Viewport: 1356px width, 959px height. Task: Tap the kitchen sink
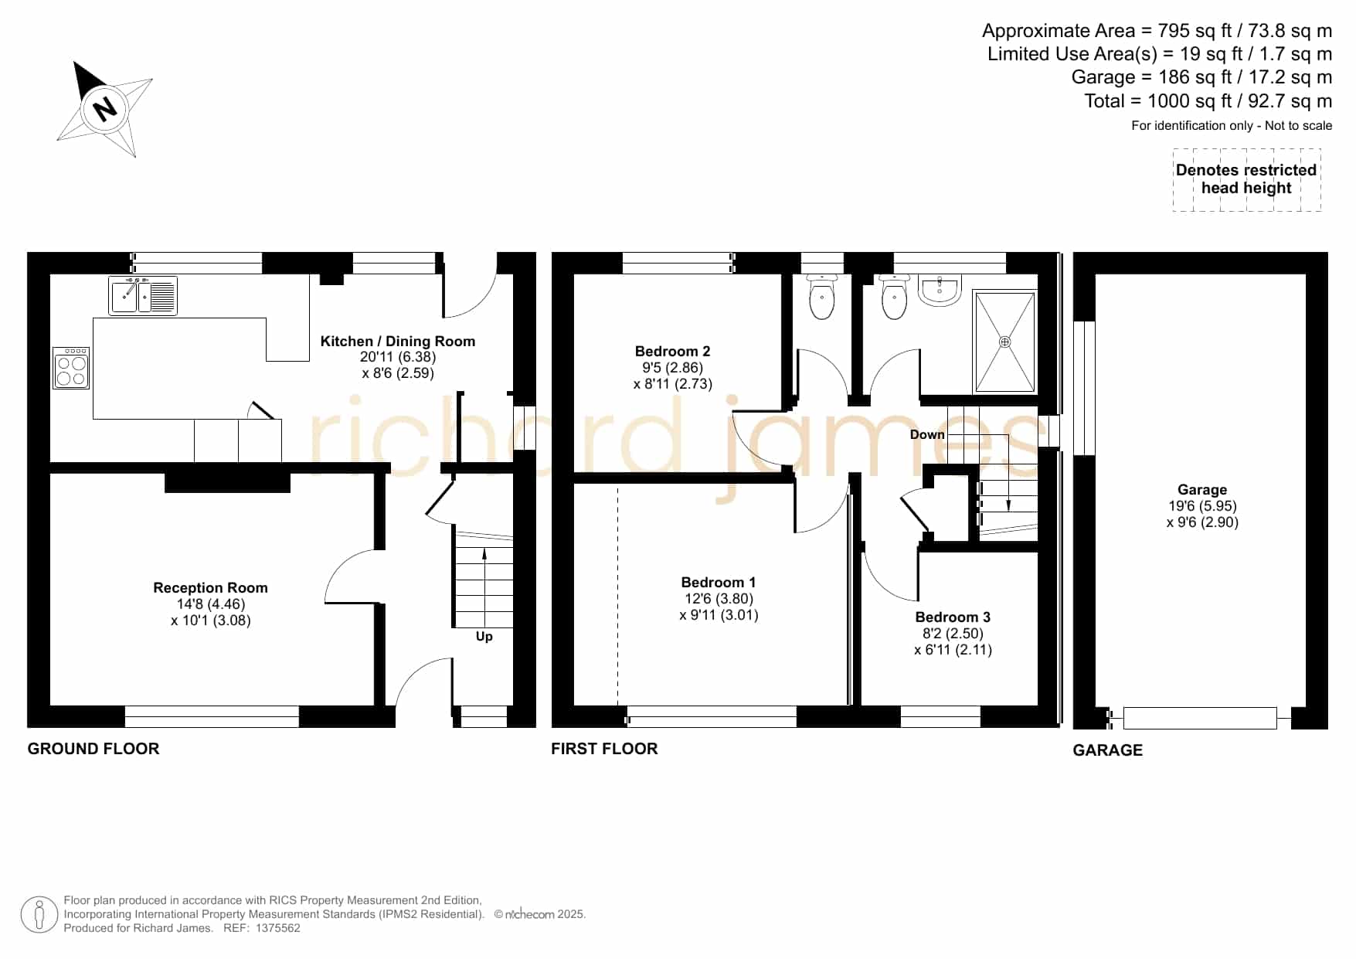143,296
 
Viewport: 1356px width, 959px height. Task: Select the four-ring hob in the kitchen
71,368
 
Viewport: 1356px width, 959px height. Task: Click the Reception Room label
210,587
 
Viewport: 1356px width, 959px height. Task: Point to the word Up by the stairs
484,637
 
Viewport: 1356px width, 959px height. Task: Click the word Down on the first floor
927,434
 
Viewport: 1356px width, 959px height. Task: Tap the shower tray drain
1004,342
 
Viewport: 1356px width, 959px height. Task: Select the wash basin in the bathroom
940,291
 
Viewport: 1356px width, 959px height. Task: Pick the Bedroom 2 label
672,351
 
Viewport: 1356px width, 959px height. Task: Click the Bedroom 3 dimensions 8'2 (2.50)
953,634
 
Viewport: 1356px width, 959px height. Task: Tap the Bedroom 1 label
719,583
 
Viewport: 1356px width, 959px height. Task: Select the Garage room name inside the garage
1202,489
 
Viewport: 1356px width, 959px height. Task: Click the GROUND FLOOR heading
93,749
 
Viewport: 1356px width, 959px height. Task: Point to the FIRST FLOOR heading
604,749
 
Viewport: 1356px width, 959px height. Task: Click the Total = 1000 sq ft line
1208,101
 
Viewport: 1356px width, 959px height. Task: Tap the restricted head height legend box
1246,179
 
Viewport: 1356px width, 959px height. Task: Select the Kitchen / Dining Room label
398,342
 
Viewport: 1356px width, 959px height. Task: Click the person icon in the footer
39,915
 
